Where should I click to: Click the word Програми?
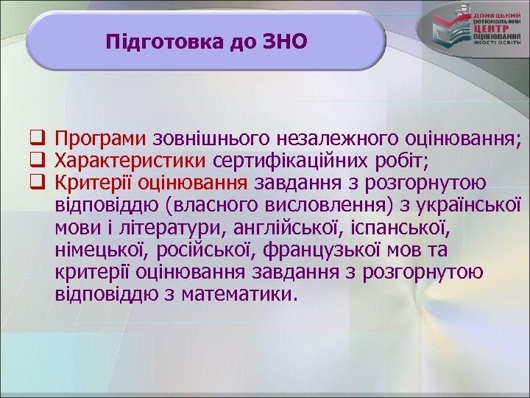[x=101, y=138]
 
